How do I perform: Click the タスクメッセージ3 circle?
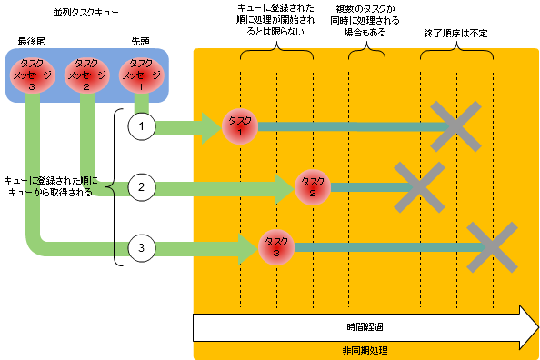pos(33,75)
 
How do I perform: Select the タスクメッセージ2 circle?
pos(86,75)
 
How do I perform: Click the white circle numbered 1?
pos(141,126)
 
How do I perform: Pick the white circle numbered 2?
pos(141,188)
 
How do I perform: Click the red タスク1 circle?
pos(240,126)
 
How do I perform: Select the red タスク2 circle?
pos(312,188)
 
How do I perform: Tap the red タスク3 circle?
pos(276,245)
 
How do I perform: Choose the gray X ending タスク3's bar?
pos(492,246)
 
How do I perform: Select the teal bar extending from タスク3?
pos(382,245)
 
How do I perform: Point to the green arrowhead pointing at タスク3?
pos(248,245)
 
